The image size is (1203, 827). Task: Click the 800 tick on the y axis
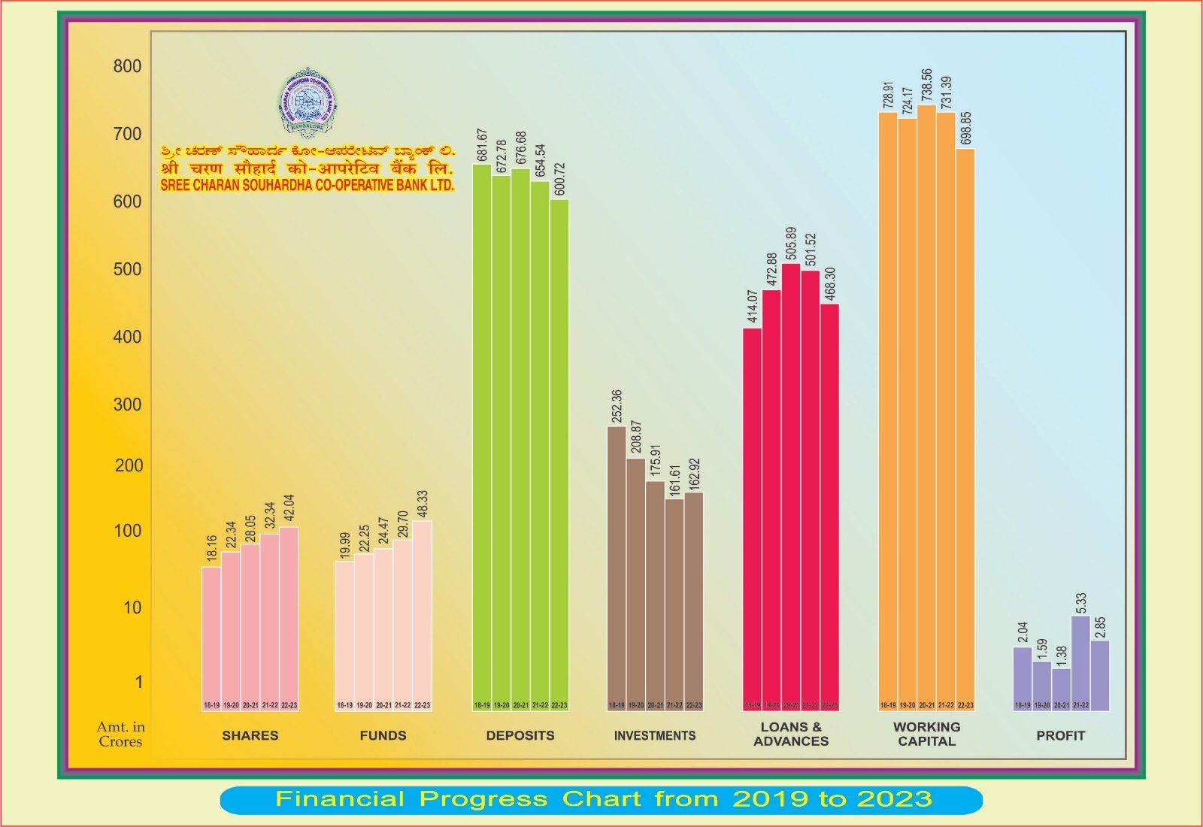pos(127,66)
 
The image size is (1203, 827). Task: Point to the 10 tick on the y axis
pos(132,607)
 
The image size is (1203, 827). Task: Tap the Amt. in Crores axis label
pos(120,734)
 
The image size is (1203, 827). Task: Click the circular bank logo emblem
pos(308,103)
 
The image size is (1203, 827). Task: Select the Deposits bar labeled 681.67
pos(482,436)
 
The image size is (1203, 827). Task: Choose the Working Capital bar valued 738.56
pos(926,407)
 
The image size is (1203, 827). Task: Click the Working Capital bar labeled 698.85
pos(965,429)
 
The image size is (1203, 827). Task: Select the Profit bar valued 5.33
pos(1080,662)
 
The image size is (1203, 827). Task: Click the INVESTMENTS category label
pos(655,735)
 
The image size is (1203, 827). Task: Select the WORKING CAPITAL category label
pos(926,734)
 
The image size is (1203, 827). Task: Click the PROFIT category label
pos(1060,735)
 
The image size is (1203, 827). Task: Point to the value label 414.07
pos(753,306)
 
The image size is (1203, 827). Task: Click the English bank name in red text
pos(308,185)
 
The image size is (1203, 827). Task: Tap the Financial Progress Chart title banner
pos(601,799)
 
